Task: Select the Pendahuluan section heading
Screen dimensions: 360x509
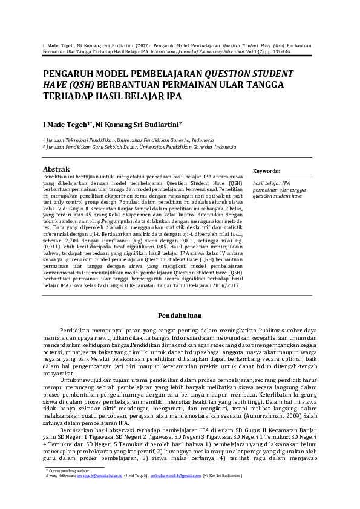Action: tap(180, 316)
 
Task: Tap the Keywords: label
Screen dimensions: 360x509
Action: tap(266, 171)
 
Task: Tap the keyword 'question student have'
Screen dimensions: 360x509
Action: tap(277, 196)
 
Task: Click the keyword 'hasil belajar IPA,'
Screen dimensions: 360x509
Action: tap(272, 183)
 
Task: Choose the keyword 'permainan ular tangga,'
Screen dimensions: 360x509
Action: tap(280, 190)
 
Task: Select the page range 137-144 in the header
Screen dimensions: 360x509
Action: tap(281, 53)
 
